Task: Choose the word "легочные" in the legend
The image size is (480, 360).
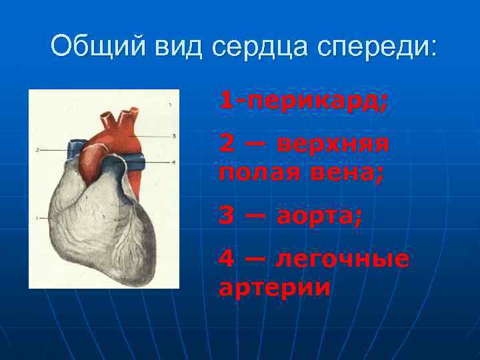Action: coord(343,258)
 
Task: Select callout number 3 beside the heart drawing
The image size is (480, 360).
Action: coord(173,136)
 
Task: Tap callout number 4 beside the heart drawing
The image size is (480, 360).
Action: coord(173,162)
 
